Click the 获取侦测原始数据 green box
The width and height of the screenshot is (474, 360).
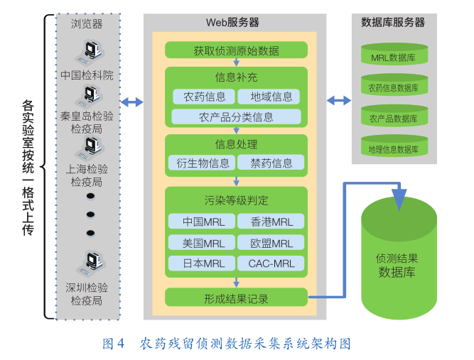(236, 50)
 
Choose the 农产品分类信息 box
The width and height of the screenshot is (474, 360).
(236, 116)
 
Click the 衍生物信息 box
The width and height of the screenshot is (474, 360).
(203, 163)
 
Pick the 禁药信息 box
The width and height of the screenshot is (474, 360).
(271, 163)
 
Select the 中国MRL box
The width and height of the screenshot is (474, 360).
(203, 222)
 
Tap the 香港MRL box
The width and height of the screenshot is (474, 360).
(271, 222)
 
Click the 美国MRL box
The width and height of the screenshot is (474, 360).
(203, 243)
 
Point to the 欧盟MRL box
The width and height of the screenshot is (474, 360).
(271, 243)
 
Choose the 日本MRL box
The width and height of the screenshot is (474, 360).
(203, 263)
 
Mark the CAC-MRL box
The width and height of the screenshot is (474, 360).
(271, 263)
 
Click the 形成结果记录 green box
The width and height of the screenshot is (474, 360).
(236, 298)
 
